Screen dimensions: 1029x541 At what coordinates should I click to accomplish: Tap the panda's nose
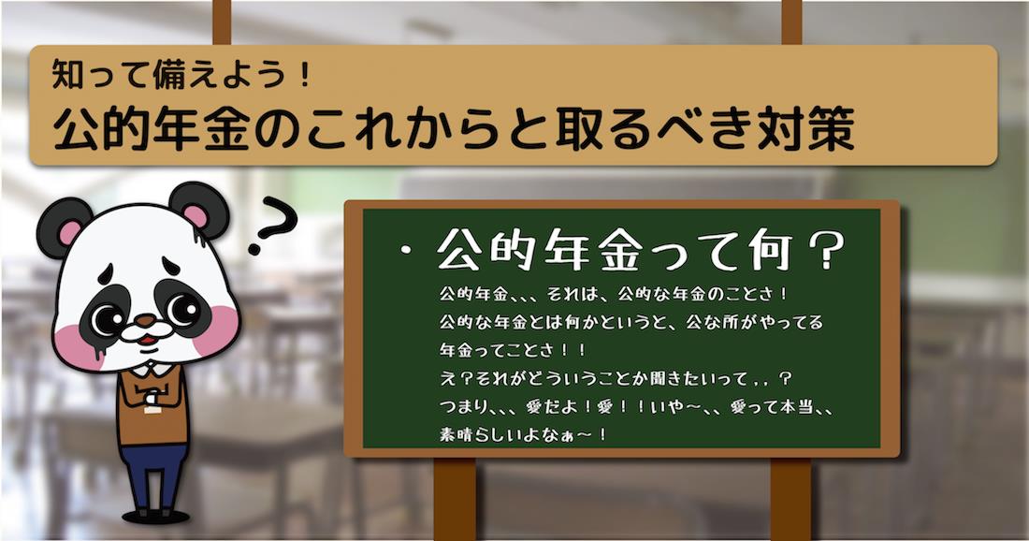coord(146,320)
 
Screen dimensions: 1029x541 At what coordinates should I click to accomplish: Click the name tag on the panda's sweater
coord(152,410)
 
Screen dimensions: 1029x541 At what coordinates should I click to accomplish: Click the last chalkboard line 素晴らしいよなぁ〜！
coord(524,434)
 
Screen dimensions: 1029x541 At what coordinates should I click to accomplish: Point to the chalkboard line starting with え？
coord(616,379)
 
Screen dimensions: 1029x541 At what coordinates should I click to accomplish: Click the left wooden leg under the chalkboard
coord(454,499)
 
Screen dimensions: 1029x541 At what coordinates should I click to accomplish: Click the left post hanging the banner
coord(222,22)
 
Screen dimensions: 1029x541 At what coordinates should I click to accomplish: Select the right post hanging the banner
coord(791,22)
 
